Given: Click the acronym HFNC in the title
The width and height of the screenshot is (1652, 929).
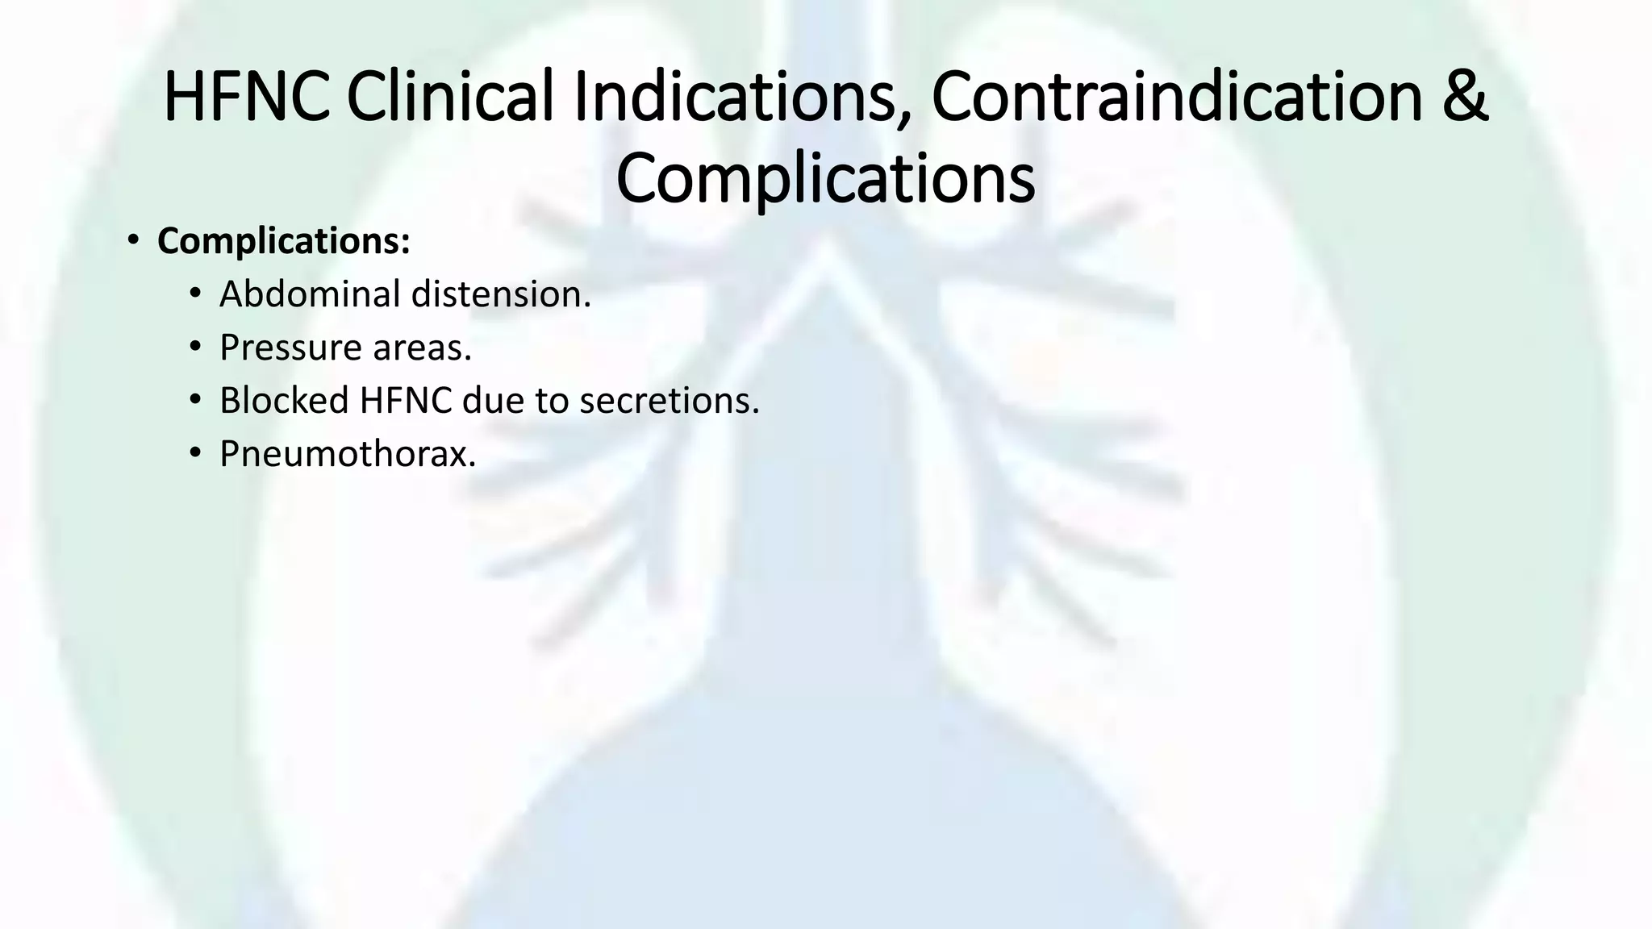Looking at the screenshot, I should pos(246,98).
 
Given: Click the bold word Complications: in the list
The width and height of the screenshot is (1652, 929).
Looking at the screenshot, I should pos(284,241).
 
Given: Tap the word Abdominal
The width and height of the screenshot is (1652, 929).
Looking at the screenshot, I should pos(310,294).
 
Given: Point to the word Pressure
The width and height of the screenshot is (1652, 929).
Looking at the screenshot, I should pos(290,348).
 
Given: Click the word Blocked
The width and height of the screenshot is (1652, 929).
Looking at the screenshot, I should pos(284,401).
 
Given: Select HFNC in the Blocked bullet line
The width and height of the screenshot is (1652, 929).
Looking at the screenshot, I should pos(406,401).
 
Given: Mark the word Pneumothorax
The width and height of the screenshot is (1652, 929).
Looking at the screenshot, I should pos(348,454).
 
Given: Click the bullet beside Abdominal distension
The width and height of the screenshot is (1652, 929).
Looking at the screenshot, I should pos(194,294).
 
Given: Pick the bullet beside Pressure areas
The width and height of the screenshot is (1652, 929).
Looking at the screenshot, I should pos(194,347).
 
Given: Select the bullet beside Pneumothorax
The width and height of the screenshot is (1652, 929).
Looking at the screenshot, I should pos(194,453).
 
